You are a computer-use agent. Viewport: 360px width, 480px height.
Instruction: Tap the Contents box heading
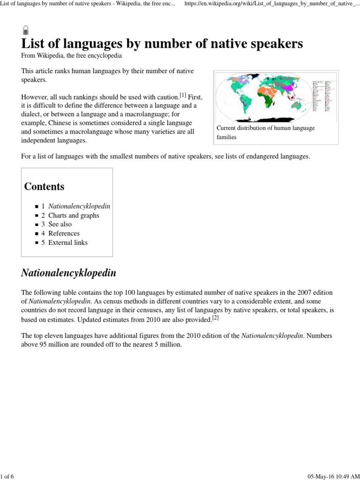[x=45, y=187]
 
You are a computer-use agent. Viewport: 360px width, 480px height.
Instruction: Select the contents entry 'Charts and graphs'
[x=74, y=216]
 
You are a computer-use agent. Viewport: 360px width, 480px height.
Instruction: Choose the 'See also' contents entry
[x=60, y=225]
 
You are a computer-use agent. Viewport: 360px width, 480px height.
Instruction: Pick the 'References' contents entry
[x=64, y=233]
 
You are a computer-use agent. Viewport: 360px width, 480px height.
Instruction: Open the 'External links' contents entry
[x=68, y=243]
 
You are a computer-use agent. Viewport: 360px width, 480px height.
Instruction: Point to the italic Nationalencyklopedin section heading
[x=68, y=273]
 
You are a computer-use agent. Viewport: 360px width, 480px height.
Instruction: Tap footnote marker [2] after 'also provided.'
[x=216, y=318]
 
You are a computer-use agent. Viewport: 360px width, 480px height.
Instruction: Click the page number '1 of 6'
[x=7, y=476]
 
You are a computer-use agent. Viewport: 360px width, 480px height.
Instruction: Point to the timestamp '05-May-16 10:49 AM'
[x=333, y=476]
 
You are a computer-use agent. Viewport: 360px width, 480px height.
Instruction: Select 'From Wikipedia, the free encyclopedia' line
[x=72, y=55]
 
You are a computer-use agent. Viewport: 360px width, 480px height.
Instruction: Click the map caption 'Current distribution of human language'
[x=265, y=128]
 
